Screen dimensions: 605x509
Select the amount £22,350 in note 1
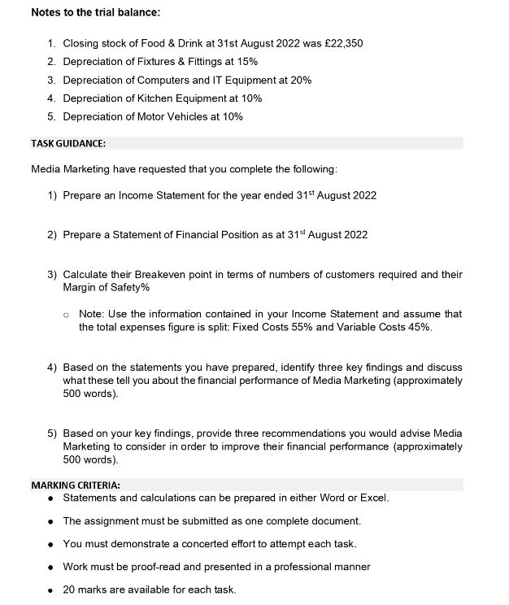pos(342,43)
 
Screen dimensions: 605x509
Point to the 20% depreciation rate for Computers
pos(301,80)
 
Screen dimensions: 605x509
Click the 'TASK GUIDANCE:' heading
pos(68,144)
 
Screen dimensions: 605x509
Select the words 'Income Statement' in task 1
pos(161,195)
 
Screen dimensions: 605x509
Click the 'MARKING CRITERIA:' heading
pos(75,485)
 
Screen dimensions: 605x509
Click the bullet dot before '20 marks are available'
pos(51,590)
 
